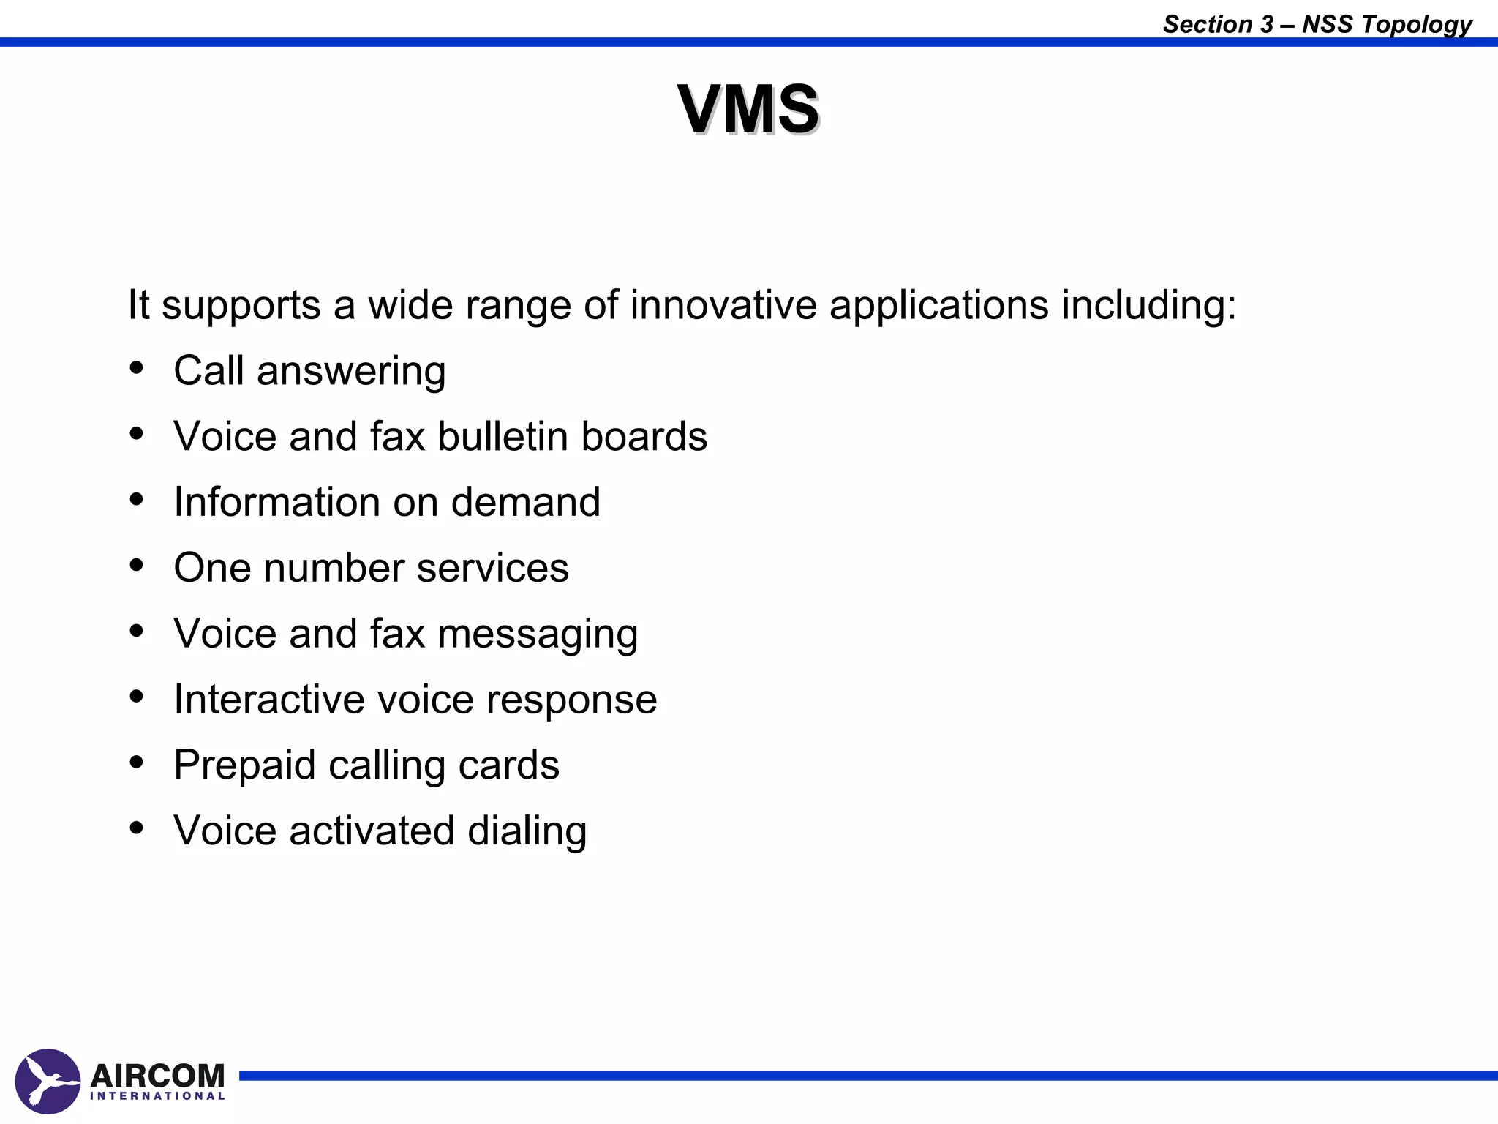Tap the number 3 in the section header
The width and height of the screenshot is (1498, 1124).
(x=1266, y=24)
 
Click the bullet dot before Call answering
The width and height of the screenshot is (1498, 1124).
(x=137, y=368)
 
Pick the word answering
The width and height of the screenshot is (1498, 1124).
(x=351, y=372)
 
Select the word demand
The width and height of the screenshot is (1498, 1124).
(x=525, y=502)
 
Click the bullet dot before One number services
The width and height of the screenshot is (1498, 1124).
(x=137, y=565)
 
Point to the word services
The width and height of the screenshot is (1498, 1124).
(x=492, y=568)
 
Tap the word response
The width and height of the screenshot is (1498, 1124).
(x=571, y=700)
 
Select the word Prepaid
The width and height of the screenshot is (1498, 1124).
(x=244, y=766)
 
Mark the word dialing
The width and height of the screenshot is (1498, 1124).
(x=527, y=831)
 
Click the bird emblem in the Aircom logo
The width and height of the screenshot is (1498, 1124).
(x=48, y=1081)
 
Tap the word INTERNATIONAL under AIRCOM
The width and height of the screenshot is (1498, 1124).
(x=157, y=1096)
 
